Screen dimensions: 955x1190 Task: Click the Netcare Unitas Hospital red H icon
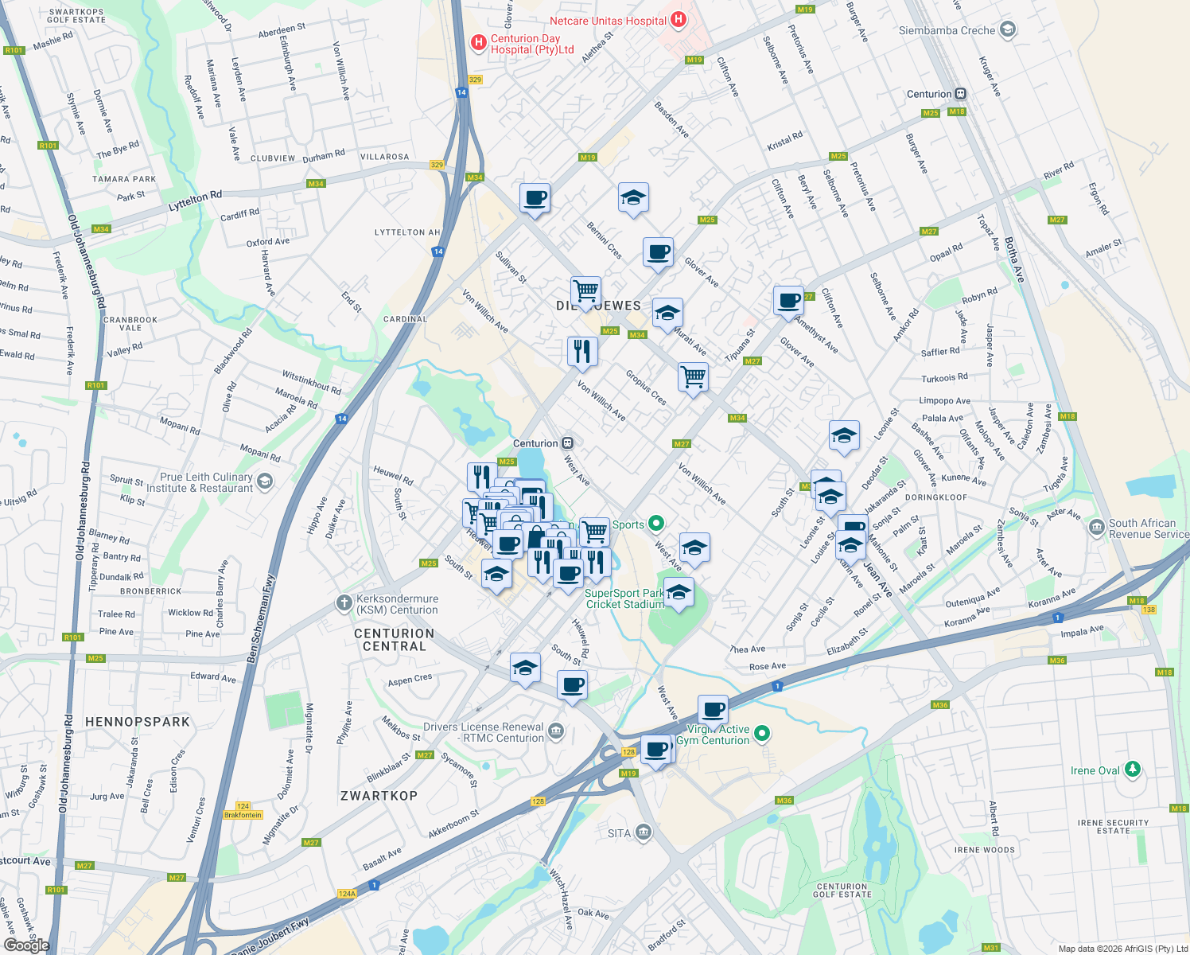click(x=678, y=20)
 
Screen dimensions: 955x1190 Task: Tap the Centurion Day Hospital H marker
click(x=478, y=43)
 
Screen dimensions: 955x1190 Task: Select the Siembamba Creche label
click(x=947, y=30)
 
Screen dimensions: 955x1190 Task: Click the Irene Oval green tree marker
click(x=1132, y=770)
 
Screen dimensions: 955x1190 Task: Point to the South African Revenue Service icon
click(x=1097, y=527)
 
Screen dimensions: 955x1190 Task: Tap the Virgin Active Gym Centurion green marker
click(x=762, y=733)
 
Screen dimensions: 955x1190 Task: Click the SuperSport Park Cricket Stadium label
click(x=624, y=598)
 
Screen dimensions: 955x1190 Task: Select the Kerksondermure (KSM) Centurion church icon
click(x=344, y=603)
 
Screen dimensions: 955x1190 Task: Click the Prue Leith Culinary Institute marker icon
click(x=265, y=481)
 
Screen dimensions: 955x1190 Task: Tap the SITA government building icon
click(x=644, y=832)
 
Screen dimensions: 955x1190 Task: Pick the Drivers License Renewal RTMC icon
click(x=556, y=731)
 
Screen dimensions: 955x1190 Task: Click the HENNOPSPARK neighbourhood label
click(x=138, y=722)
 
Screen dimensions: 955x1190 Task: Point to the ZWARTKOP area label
click(x=379, y=796)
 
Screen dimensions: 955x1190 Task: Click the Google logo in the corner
click(x=26, y=945)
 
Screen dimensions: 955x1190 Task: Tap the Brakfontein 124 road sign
click(x=243, y=810)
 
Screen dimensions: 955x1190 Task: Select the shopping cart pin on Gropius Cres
click(x=693, y=376)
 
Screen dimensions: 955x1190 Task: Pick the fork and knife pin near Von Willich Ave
click(x=582, y=351)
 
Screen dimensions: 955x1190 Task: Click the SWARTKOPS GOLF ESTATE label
click(x=76, y=16)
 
